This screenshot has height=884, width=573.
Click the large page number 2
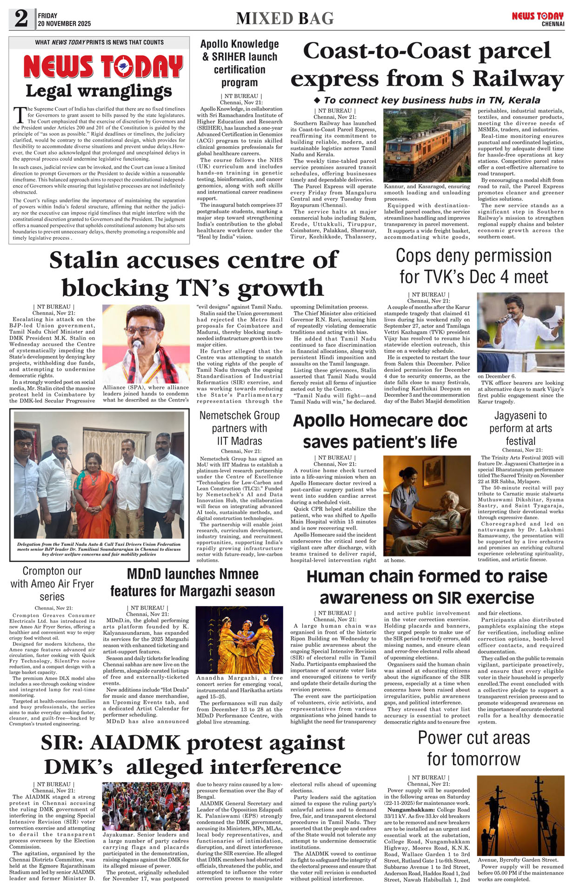pos(21,19)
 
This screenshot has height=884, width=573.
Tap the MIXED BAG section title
pos(285,19)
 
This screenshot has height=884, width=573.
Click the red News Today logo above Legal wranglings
pos(103,67)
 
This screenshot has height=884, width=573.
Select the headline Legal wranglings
pos(99,91)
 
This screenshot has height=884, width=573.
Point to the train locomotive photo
pos(427,145)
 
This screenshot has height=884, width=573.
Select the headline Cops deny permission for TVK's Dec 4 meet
pos(473,266)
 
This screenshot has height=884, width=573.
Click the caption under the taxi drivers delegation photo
pos(99,549)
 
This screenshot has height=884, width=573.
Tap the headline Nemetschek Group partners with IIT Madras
pos(240,428)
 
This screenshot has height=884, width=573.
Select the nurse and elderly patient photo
pos(427,505)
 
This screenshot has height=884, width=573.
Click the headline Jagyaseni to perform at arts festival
pos(520,428)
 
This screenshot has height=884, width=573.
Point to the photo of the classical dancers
pos(239,639)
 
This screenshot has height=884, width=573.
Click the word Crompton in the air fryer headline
pos(40,571)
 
